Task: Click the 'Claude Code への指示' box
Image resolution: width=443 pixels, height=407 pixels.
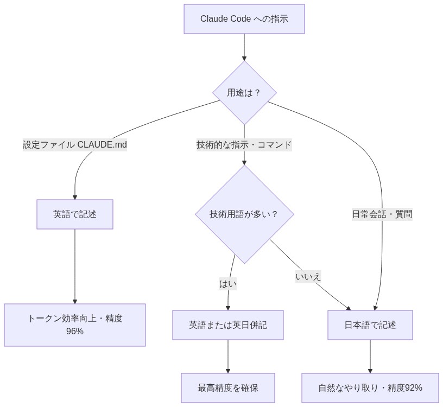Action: [244, 19]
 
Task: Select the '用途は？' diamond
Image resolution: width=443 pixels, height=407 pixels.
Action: [244, 93]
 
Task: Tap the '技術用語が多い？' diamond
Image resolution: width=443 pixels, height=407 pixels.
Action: [244, 214]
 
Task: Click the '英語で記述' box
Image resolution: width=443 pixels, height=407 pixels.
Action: [75, 214]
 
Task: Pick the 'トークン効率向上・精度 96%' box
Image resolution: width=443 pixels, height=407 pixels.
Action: [75, 325]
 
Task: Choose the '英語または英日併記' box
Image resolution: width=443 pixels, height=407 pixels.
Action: [228, 325]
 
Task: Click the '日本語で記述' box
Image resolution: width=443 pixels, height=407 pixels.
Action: [370, 325]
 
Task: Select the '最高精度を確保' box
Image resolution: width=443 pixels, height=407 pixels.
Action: [228, 388]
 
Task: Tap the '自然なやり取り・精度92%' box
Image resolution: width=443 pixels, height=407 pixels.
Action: [370, 388]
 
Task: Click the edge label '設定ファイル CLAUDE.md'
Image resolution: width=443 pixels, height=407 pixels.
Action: [75, 145]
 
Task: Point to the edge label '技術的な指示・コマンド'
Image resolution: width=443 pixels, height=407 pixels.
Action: [244, 145]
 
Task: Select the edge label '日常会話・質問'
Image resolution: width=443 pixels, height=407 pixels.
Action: [382, 214]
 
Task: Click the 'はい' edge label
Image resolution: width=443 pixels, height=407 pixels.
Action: [228, 283]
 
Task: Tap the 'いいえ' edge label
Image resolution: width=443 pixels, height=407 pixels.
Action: [308, 276]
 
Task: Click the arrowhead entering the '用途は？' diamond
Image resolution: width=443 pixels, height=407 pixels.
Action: [244, 58]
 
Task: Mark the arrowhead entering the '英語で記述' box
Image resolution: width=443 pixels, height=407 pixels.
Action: [75, 196]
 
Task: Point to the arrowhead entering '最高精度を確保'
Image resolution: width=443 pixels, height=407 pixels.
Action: [228, 370]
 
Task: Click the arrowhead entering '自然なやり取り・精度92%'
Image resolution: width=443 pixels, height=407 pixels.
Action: [370, 370]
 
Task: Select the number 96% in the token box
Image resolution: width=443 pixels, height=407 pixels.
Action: [75, 331]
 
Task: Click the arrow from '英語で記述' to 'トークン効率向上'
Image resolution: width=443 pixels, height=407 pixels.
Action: [75, 266]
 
